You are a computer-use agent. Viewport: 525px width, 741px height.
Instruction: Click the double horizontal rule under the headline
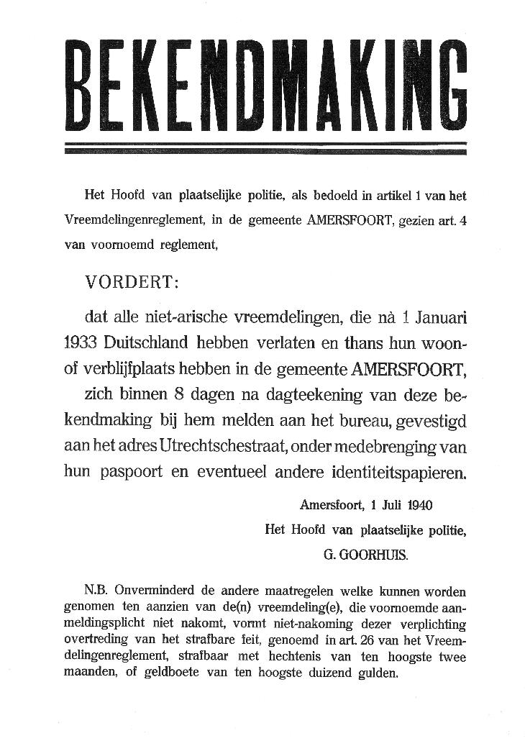tap(265, 148)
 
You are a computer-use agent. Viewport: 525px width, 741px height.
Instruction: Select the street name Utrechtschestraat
tap(224, 446)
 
